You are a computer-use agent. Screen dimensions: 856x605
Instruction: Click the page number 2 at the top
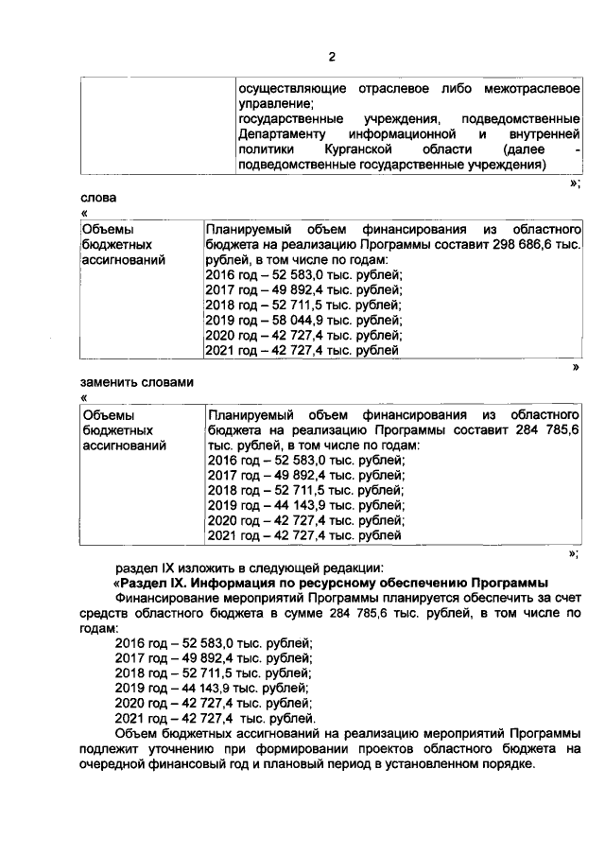pyautogui.click(x=332, y=56)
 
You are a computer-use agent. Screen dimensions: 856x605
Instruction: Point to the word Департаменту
pyautogui.click(x=279, y=134)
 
